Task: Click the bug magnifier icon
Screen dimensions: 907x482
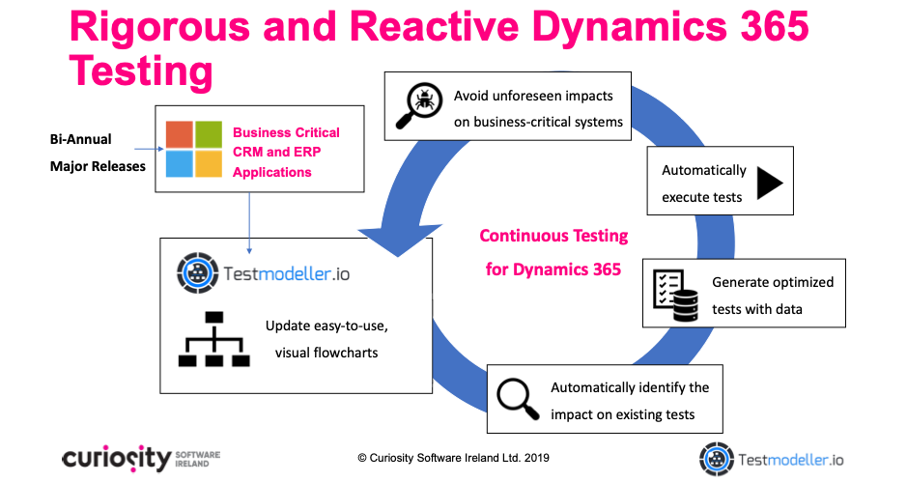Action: (419, 105)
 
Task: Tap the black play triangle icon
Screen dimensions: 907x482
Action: (769, 184)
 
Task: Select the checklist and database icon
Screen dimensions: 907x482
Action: (675, 296)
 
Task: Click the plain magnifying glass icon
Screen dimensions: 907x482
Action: (518, 399)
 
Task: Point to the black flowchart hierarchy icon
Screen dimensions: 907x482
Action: (214, 339)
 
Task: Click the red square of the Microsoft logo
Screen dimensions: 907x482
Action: (180, 135)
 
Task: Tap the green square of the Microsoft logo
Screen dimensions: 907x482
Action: (209, 135)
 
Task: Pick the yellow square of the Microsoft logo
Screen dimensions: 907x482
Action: (209, 164)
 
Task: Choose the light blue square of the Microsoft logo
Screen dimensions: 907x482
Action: (180, 164)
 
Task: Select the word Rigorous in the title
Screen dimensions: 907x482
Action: (159, 27)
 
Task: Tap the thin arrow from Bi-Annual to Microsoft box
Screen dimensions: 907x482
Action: (149, 149)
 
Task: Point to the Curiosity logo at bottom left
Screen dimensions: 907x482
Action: (141, 459)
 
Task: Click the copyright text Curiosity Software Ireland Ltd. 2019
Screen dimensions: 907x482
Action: (454, 458)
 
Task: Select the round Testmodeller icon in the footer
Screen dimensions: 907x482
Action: (717, 460)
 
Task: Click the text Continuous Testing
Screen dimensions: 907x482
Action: (553, 236)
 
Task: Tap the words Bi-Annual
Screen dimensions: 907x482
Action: (80, 139)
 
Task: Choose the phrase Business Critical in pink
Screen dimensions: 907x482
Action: (286, 132)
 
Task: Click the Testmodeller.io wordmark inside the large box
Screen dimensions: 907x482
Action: (286, 273)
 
